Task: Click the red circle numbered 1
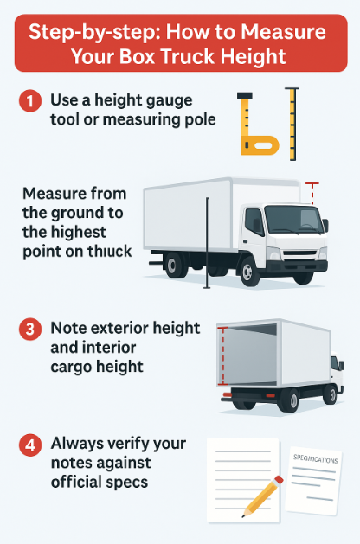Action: click(30, 100)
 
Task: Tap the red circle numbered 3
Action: click(30, 329)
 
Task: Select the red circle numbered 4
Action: click(30, 445)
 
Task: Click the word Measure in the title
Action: click(283, 32)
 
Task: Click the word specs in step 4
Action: click(128, 483)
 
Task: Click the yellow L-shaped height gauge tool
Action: click(256, 124)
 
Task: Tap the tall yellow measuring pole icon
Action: click(292, 124)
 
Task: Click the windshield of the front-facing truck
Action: click(293, 220)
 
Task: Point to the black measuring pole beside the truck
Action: click(207, 243)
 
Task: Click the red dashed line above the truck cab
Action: click(312, 193)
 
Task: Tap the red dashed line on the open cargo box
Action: click(223, 356)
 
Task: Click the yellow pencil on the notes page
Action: click(263, 496)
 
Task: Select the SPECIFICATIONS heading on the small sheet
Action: click(316, 459)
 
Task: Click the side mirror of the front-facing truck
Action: click(325, 226)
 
